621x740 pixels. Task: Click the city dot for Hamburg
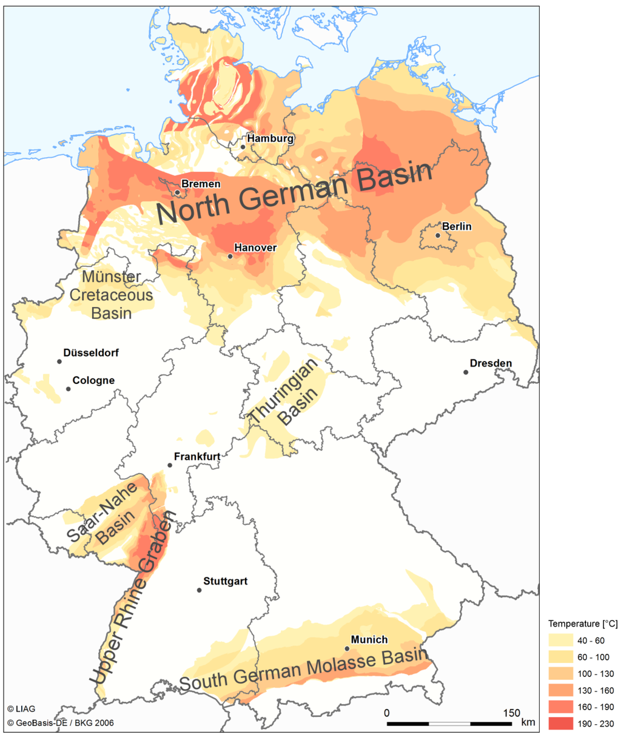(243, 147)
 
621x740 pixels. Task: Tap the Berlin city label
(456, 226)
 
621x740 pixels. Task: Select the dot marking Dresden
(466, 372)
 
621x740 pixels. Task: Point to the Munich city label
(369, 639)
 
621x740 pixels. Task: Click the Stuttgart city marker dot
(199, 590)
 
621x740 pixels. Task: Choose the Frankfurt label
(196, 456)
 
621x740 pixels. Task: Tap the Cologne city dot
(68, 389)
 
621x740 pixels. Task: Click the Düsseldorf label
(91, 352)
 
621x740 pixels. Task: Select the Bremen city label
(201, 184)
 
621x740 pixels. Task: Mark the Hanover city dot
(230, 256)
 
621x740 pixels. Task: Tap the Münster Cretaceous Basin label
(112, 295)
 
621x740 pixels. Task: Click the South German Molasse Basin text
(303, 670)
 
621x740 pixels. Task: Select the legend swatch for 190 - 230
(561, 724)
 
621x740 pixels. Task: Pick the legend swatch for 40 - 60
(561, 640)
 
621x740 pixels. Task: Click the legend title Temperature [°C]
(582, 624)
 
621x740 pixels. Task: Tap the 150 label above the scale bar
(511, 713)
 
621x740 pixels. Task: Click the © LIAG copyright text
(21, 708)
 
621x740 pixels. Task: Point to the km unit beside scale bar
(528, 722)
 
